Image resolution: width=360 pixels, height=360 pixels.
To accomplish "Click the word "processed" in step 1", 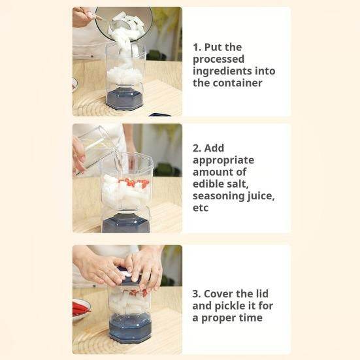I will [x=219, y=59].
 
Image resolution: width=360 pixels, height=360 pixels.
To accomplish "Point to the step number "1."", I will [x=197, y=47].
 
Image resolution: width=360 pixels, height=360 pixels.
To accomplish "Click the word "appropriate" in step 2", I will [x=223, y=159].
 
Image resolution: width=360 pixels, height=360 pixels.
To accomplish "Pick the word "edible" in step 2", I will [x=209, y=183].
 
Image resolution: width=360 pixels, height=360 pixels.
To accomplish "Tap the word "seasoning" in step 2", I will [x=216, y=195].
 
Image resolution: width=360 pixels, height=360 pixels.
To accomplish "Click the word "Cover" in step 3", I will [x=219, y=294].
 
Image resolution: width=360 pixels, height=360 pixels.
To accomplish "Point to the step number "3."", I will [x=197, y=294].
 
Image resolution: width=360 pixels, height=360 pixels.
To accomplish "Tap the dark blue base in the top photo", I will [x=125, y=99].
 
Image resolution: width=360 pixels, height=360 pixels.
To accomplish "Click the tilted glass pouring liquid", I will [x=97, y=148].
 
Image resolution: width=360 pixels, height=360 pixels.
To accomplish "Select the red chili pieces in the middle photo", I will [x=136, y=184].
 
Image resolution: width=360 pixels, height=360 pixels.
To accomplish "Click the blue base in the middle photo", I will [x=126, y=222].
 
